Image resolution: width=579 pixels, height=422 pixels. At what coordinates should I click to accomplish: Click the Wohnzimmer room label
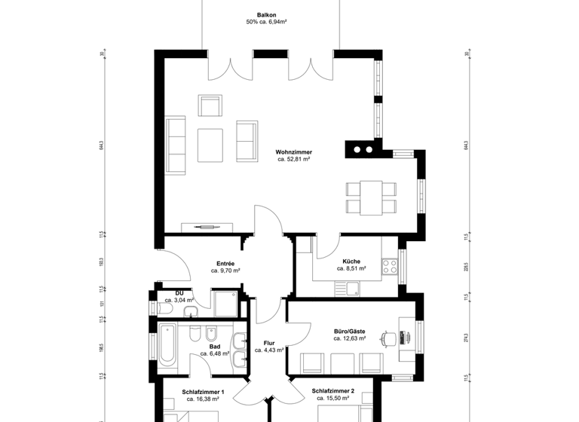[x=294, y=151]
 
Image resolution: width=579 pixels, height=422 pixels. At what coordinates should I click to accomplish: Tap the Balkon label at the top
[x=266, y=14]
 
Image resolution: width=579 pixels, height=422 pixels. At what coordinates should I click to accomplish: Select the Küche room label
[x=352, y=261]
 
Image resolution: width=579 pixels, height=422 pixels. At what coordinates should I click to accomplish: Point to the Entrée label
[x=225, y=263]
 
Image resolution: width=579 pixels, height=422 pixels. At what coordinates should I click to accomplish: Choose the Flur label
[x=268, y=342]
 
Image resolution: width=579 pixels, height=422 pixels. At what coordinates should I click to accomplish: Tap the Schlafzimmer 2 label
[x=332, y=391]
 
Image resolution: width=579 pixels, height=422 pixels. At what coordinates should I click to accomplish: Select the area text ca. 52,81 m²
[x=294, y=160]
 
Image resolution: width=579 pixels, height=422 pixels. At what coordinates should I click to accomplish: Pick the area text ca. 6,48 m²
[x=215, y=354]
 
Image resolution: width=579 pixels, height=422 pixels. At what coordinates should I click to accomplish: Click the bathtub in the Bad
[x=166, y=344]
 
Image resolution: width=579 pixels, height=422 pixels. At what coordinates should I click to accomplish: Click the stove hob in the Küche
[x=390, y=265]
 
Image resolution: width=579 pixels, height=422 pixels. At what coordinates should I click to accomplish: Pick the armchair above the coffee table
[x=210, y=105]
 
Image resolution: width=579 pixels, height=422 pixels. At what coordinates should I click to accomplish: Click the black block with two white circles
[x=363, y=148]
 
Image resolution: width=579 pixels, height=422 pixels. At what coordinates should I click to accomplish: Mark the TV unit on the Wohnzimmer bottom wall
[x=210, y=225]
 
